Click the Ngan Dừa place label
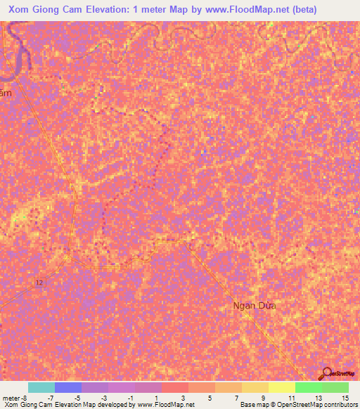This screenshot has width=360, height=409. pos(255,306)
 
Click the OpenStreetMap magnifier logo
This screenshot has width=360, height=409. pos(327,374)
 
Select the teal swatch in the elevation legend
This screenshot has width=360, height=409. pos(41,387)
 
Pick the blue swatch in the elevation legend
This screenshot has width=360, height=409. pos(68,387)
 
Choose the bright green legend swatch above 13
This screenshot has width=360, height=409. pos(308,387)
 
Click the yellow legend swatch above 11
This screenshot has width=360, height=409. pos(281,387)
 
